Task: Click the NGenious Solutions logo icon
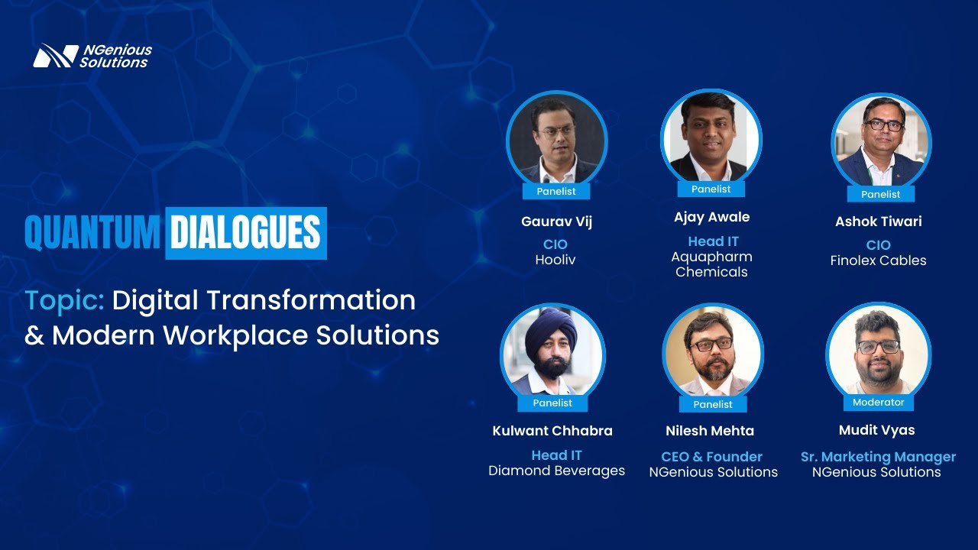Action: click(55, 55)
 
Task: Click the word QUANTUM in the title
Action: click(92, 233)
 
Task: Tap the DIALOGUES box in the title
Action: click(245, 233)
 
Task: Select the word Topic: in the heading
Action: click(64, 300)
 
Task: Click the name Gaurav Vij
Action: click(556, 222)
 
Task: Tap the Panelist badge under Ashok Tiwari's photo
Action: click(880, 194)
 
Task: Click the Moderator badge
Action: click(878, 402)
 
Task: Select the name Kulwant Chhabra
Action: click(552, 431)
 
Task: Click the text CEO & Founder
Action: click(711, 457)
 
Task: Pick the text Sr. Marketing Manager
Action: click(878, 457)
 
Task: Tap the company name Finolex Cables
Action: click(878, 260)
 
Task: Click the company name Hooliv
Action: click(555, 260)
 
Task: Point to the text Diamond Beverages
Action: click(556, 471)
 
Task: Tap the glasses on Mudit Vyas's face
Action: click(878, 347)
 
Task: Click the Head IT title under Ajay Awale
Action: click(713, 241)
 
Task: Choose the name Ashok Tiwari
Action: click(878, 222)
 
